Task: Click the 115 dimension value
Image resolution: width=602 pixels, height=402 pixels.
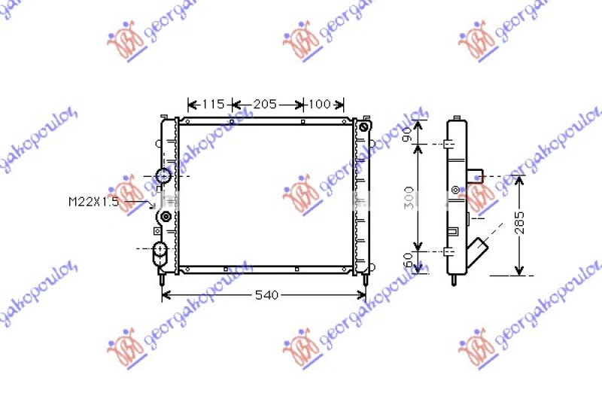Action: pyautogui.click(x=214, y=105)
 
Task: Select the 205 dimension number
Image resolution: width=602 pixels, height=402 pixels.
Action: pyautogui.click(x=265, y=105)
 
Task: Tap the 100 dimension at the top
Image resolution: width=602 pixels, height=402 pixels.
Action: pyautogui.click(x=321, y=105)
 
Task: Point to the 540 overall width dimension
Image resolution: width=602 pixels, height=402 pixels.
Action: pyautogui.click(x=266, y=295)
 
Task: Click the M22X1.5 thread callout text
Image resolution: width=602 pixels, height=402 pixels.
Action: pyautogui.click(x=94, y=202)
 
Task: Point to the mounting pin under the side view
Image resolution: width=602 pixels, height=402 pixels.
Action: pyautogui.click(x=455, y=280)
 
